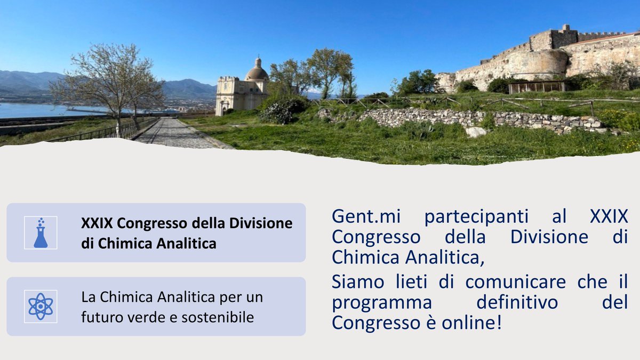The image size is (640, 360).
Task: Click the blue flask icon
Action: point(41,233)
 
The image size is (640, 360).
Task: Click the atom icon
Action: point(41,306)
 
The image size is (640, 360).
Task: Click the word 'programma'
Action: point(381,302)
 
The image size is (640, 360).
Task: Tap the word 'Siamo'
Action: point(355,282)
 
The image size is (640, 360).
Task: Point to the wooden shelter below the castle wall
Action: point(536,87)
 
